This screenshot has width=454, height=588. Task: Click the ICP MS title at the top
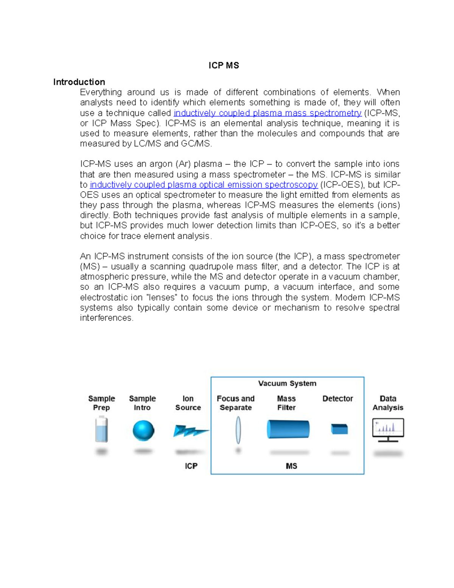pos(224,66)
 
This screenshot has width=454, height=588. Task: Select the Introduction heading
pos(79,82)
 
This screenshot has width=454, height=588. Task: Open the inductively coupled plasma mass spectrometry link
pos(267,113)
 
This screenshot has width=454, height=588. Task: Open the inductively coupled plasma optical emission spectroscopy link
pos(204,184)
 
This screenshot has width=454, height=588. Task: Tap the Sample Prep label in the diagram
pos(101,403)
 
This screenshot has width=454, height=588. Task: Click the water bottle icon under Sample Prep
pos(101,429)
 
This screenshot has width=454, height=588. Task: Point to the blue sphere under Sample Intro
pos(143,430)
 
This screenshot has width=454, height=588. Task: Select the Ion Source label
pos(188,403)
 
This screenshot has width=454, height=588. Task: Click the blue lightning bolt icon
pos(190,430)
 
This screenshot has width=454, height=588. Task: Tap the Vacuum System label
pos(287,383)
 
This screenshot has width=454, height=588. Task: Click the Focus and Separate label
pos(235,403)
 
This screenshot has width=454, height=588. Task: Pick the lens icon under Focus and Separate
pos(238,430)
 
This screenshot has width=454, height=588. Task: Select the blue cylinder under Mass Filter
pos(288,429)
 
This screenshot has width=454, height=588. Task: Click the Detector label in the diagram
pos(337,399)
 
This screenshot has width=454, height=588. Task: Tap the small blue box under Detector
pos(339,429)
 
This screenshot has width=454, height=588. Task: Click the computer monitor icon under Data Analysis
pos(388,430)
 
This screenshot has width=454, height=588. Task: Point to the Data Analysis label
pos(388,403)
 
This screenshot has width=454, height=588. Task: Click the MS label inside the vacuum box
pos(291,466)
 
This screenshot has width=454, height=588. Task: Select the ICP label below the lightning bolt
pos(191,466)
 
